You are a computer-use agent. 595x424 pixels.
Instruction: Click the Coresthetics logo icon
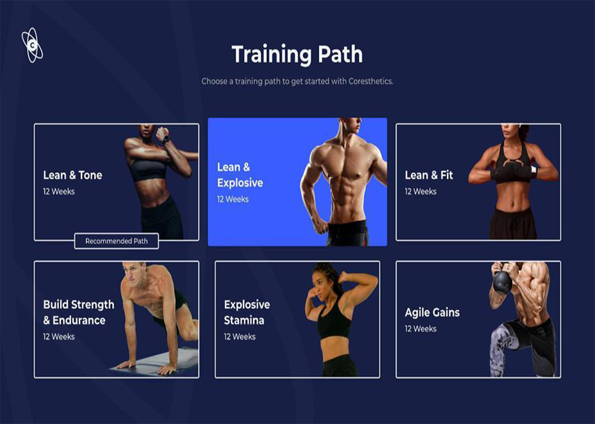pos(32,45)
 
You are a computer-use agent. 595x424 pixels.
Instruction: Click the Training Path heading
pos(297,54)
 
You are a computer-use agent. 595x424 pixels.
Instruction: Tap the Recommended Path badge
pos(116,241)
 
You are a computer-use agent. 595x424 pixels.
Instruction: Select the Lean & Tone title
pos(72,175)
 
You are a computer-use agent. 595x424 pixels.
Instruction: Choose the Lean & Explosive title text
pos(240,175)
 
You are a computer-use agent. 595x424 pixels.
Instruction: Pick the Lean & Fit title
pos(429,175)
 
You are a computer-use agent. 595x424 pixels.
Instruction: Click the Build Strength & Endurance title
pos(78,312)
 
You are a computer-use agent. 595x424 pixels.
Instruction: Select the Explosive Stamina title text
pos(247,312)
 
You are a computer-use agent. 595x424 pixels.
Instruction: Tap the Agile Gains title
pos(432,312)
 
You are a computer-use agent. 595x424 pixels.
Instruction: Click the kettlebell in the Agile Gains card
pos(502,281)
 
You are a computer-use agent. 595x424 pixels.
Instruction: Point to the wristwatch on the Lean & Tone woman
pos(166,140)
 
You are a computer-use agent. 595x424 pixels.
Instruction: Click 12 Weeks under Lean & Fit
pos(420,192)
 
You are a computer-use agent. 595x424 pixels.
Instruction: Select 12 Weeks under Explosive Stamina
pos(240,337)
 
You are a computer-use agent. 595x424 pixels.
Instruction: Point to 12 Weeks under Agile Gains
pos(420,329)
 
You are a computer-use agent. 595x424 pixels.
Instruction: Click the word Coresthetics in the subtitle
pos(370,81)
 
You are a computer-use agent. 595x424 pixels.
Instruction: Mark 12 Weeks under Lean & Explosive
pos(233,199)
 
